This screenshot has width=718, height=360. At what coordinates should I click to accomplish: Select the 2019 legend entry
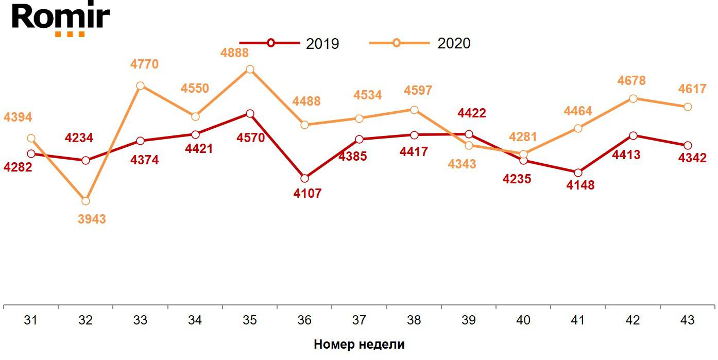click(x=289, y=43)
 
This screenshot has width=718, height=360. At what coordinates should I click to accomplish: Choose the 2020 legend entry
click(x=420, y=43)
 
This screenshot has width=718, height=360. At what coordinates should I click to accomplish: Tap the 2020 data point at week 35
click(x=250, y=70)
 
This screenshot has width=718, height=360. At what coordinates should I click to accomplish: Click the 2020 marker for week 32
click(x=86, y=201)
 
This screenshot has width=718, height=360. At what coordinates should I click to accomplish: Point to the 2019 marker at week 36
click(x=304, y=178)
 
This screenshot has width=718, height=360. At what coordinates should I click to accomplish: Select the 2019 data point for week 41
click(x=578, y=173)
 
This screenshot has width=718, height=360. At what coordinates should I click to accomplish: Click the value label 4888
click(x=234, y=53)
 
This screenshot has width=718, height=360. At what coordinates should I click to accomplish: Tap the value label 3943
click(x=92, y=219)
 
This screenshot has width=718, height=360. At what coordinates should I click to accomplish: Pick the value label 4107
click(x=307, y=194)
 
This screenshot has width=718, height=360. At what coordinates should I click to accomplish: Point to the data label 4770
click(x=144, y=65)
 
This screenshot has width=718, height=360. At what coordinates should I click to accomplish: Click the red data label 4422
click(x=472, y=113)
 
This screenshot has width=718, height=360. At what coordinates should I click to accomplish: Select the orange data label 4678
click(x=631, y=81)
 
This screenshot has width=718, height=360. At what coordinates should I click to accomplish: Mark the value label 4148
click(x=580, y=185)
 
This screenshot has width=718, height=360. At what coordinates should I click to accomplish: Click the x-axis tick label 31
click(x=31, y=320)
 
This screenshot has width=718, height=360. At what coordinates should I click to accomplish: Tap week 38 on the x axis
click(x=414, y=320)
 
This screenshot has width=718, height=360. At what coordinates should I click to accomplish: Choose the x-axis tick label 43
click(x=687, y=320)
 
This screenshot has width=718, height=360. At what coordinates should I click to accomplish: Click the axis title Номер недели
click(x=359, y=345)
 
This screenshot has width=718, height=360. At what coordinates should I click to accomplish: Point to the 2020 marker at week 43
click(x=688, y=107)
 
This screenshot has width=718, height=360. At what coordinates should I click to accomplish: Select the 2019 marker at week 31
click(x=31, y=153)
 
